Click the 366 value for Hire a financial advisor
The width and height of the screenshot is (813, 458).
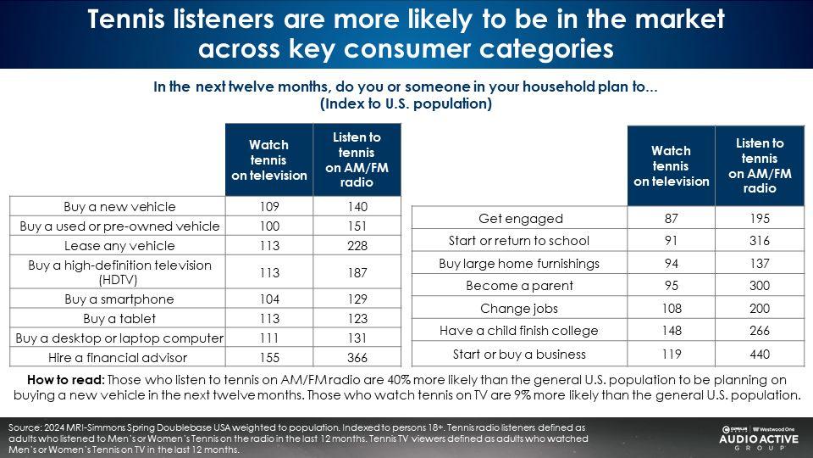point(357,357)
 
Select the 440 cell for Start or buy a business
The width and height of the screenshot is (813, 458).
point(759,355)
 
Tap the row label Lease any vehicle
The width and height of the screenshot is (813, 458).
point(119,246)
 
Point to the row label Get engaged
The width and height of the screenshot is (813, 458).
point(521,219)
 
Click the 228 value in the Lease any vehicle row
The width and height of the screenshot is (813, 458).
point(357,246)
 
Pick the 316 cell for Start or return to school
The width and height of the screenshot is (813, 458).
point(759,240)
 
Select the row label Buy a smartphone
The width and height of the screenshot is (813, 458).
point(119,299)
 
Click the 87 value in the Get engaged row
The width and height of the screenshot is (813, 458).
point(671,219)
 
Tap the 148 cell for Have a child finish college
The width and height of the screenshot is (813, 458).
point(671,331)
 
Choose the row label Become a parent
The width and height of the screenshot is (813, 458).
point(519,286)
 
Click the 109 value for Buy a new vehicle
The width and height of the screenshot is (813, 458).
point(269,207)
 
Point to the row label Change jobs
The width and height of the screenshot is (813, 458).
point(519,309)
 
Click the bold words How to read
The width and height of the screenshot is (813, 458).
point(66,380)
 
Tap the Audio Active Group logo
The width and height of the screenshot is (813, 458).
point(759,438)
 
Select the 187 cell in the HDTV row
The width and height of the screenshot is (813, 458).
point(357,272)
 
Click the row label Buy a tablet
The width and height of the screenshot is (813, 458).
point(119,319)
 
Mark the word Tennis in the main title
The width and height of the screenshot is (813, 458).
point(126,20)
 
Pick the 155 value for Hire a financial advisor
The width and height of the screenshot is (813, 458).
point(269,357)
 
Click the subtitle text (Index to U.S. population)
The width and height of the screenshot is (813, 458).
point(406,103)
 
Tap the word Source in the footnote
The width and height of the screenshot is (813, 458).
point(24,427)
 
